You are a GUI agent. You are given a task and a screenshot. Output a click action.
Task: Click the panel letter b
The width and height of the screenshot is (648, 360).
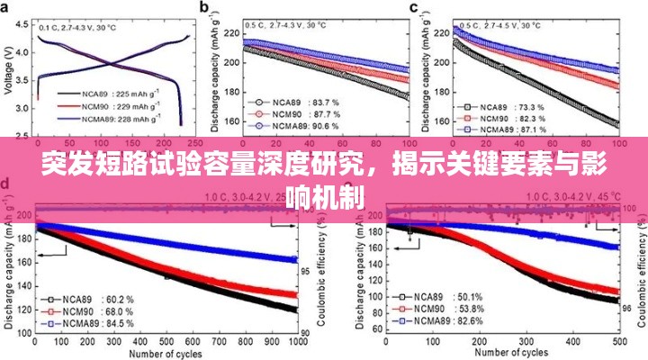tap(204, 9)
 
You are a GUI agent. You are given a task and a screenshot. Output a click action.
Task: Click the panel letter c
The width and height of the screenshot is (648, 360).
tap(414, 9)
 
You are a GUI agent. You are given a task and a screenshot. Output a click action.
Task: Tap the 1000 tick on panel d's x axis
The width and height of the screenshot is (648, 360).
tap(296, 343)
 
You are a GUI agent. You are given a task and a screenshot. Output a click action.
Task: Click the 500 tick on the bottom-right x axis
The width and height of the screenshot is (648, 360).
tap(617, 343)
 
